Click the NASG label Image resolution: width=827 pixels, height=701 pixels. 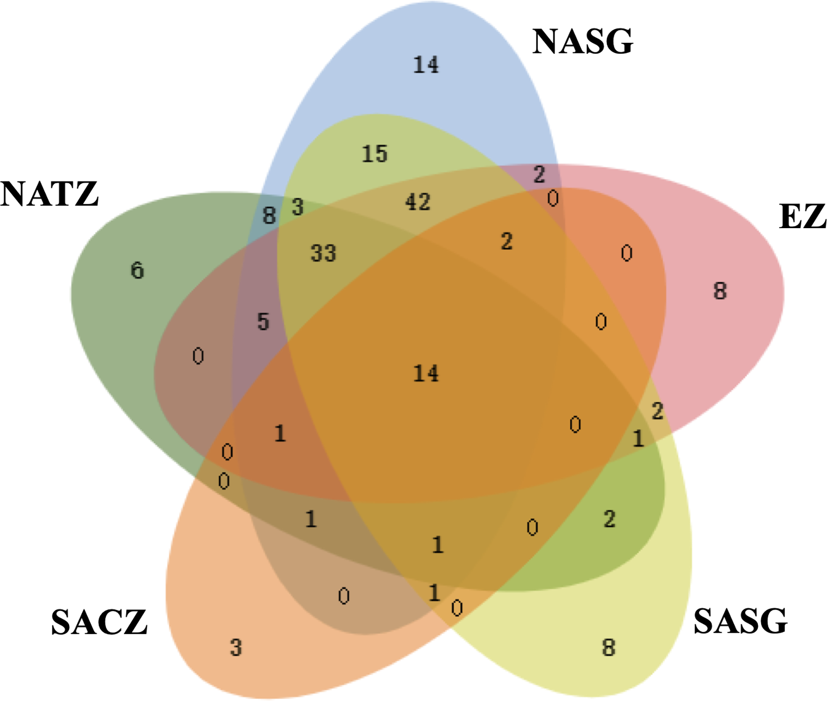(582, 42)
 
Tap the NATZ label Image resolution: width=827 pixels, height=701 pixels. (50, 194)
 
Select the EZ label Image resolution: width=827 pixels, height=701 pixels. (802, 217)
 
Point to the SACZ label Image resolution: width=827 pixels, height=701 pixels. (99, 622)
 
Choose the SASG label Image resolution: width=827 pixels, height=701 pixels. (740, 621)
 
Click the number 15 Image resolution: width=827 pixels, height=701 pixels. (375, 154)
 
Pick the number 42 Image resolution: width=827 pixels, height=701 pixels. (418, 201)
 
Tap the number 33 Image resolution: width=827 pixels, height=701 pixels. (323, 253)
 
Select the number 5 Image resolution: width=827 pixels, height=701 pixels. (264, 321)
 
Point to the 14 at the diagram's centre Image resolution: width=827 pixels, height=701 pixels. (426, 374)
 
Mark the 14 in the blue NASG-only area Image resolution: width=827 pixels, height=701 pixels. (426, 65)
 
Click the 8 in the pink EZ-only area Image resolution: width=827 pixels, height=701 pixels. (720, 291)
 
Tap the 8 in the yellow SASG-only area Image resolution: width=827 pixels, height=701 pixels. (608, 648)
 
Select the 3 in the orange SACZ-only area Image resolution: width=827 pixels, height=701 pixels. (236, 648)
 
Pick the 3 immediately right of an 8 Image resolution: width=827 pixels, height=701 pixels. (298, 207)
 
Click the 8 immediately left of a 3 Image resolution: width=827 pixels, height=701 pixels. (269, 215)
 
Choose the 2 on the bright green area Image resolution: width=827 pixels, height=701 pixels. (609, 519)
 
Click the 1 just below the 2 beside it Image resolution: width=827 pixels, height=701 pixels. (638, 438)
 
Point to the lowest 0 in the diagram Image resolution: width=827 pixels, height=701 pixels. (457, 608)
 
